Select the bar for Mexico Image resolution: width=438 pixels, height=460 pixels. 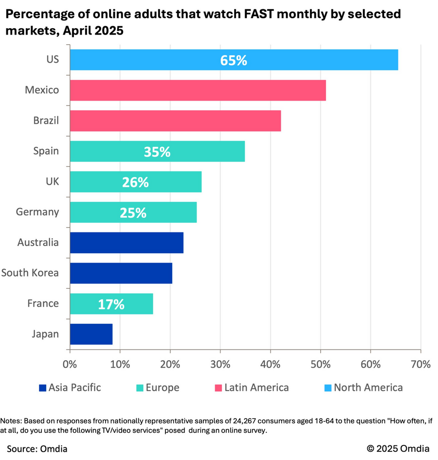(198, 90)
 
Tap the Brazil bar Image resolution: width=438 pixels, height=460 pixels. (175, 121)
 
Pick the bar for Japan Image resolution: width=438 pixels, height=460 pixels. (91, 334)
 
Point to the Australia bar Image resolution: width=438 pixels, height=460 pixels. (127, 243)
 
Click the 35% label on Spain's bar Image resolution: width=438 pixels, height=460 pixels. (157, 152)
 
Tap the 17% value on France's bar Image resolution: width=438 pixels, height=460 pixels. (111, 304)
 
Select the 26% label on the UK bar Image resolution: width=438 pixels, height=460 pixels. (135, 182)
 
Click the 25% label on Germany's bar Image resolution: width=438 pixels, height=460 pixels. (133, 212)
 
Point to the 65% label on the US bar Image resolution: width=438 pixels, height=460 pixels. (234, 61)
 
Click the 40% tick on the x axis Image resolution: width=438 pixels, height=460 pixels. (270, 364)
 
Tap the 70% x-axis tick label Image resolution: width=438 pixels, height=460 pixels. (420, 364)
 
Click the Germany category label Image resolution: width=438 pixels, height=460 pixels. (37, 212)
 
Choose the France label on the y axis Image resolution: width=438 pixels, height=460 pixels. (43, 303)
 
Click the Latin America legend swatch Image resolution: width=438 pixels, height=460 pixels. (218, 388)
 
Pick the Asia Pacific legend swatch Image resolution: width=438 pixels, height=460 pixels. (42, 388)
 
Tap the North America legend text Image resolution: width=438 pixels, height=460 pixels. (368, 388)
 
